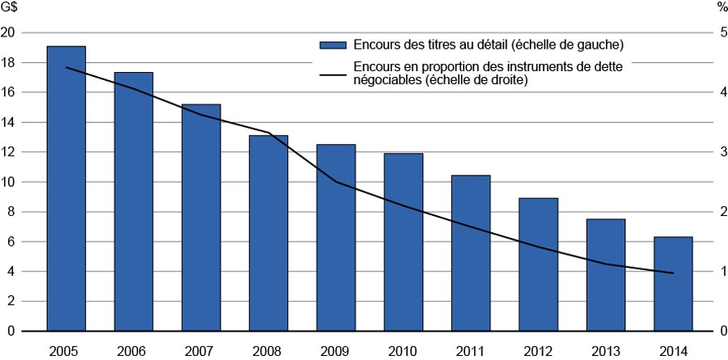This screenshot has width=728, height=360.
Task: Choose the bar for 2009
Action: (x=336, y=238)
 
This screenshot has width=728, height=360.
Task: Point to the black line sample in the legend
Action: (x=332, y=74)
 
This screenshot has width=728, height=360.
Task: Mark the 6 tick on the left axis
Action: (x=11, y=242)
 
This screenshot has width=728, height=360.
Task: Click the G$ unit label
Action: (x=10, y=7)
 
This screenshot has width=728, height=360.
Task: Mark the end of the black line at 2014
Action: (x=673, y=273)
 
